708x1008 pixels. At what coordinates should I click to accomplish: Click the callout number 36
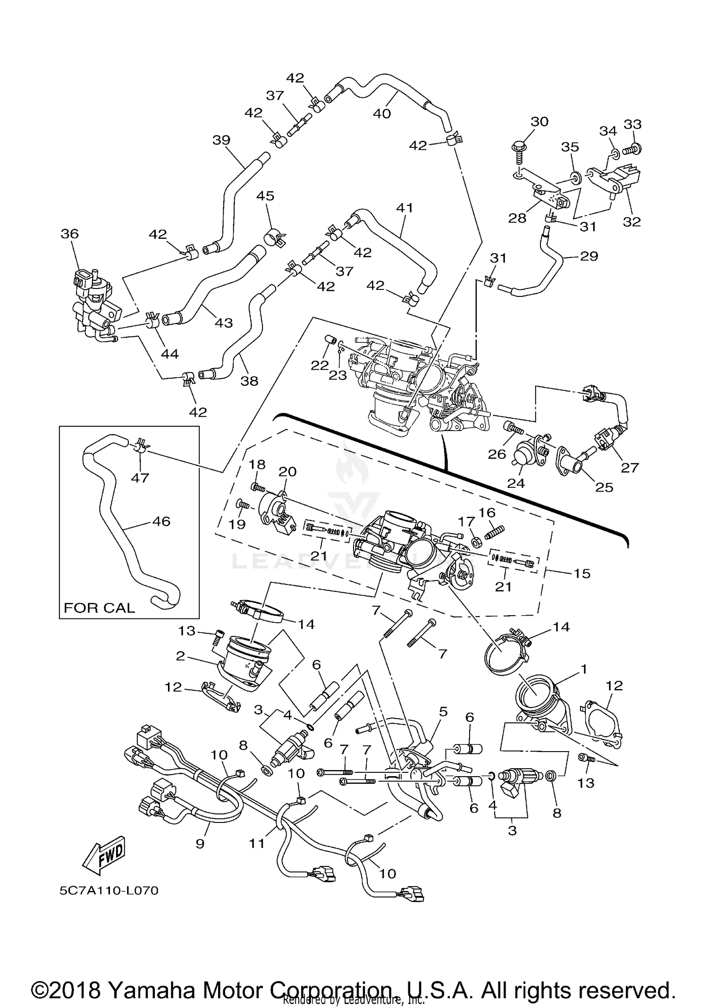[69, 234]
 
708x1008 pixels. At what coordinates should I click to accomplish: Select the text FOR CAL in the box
[99, 607]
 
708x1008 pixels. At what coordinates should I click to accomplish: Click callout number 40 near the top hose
[382, 113]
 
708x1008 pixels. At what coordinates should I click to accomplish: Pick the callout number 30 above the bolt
[539, 122]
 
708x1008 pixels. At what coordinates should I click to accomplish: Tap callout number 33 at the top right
[633, 124]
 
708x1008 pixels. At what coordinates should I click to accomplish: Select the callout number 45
[265, 196]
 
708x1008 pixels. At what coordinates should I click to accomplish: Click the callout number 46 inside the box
[161, 521]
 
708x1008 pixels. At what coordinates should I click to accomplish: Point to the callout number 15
[582, 573]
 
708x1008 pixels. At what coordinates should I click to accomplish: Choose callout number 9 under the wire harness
[200, 843]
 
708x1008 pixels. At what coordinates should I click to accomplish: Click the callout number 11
[257, 843]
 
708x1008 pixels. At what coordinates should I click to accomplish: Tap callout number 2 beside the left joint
[180, 656]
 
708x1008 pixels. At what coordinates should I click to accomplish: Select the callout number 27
[630, 468]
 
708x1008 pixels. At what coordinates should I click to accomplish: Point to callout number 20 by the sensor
[287, 472]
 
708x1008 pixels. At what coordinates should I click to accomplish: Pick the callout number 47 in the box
[140, 478]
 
